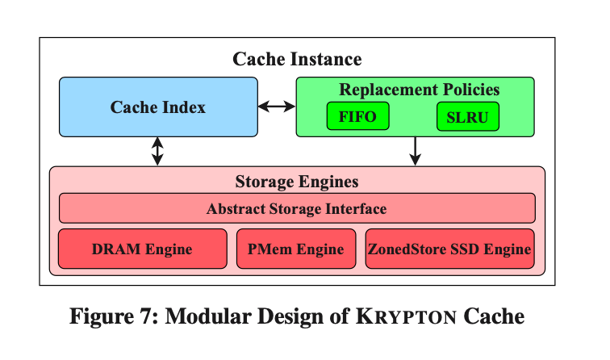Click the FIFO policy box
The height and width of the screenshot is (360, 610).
[x=358, y=116]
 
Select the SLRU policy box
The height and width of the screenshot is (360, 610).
[x=468, y=116]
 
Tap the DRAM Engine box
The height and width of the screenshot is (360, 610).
[x=142, y=249]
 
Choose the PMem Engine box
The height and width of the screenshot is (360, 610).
[x=296, y=249]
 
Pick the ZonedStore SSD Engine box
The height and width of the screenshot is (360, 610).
[x=449, y=249]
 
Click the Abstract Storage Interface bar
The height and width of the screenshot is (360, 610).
[x=297, y=208]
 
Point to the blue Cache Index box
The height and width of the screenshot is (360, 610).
[x=158, y=107]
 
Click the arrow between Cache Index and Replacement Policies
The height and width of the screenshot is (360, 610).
[x=277, y=107]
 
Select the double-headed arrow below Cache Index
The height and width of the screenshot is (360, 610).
[x=157, y=152]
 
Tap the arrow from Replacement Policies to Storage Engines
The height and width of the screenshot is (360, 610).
[x=415, y=152]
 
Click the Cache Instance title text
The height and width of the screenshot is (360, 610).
[x=297, y=59]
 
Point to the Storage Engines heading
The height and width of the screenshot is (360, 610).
[x=297, y=182]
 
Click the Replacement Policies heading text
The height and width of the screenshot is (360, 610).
[x=420, y=90]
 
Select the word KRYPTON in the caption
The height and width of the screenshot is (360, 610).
[x=407, y=316]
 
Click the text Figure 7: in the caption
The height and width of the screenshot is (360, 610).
[x=115, y=316]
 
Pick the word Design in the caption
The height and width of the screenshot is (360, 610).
[x=290, y=316]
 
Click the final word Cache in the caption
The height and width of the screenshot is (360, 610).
[x=494, y=316]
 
